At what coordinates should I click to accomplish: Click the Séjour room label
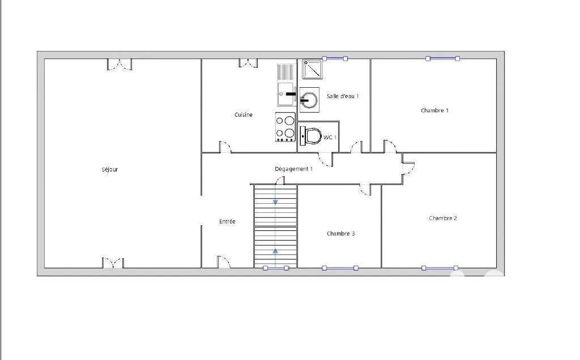click(109, 170)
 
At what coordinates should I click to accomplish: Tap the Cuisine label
click(244, 114)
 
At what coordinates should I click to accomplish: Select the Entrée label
click(227, 221)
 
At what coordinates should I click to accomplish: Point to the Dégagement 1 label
click(294, 169)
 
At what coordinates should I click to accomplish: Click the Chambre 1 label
click(434, 110)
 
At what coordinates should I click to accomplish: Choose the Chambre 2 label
click(443, 218)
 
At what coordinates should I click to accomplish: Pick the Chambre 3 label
click(340, 234)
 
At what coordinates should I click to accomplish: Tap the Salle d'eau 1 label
click(343, 96)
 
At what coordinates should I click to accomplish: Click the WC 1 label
click(330, 138)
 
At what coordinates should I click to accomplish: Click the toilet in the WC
click(311, 136)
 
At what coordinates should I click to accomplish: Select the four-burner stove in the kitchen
click(285, 127)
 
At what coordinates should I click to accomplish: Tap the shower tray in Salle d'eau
click(312, 69)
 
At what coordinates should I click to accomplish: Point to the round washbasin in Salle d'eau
click(309, 100)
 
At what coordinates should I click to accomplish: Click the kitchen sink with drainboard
click(286, 85)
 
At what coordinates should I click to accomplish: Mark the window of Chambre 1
click(442, 58)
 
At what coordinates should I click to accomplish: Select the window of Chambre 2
click(440, 268)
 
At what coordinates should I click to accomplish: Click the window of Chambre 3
click(340, 268)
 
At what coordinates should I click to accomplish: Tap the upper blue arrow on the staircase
click(275, 202)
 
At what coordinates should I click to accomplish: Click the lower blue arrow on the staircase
click(275, 251)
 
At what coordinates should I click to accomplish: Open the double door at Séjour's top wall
click(120, 65)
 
